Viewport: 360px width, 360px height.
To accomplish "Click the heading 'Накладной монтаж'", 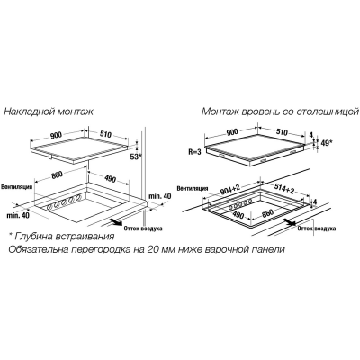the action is pos(49,112).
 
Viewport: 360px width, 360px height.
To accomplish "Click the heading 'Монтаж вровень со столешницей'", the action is pos(280,112).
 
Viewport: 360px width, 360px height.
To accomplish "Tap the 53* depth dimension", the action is pos(136,157).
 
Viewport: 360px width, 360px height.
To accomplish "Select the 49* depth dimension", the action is pos(326,143).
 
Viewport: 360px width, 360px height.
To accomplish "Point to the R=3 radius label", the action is pos(194,152).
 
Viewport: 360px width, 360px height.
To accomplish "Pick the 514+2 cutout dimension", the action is pos(283,189).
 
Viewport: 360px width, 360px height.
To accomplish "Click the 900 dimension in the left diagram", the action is pos(56,136).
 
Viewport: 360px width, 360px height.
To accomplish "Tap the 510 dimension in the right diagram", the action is pos(281,132).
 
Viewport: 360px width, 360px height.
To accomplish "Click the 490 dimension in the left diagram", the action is pos(110,179).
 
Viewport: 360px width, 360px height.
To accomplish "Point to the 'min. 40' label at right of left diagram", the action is pos(160,196).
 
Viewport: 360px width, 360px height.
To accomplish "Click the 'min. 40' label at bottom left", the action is pos(19,215).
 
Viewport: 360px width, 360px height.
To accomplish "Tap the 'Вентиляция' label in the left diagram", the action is pos(16,187).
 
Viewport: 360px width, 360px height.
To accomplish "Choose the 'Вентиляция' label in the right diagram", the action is pos(193,188).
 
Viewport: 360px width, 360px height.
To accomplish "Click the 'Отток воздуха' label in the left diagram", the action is pos(143,229).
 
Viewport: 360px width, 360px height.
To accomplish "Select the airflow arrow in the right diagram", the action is pos(289,221).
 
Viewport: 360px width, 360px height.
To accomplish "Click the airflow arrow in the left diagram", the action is pos(115,221).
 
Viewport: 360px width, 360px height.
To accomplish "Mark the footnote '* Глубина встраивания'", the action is pos(61,237).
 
